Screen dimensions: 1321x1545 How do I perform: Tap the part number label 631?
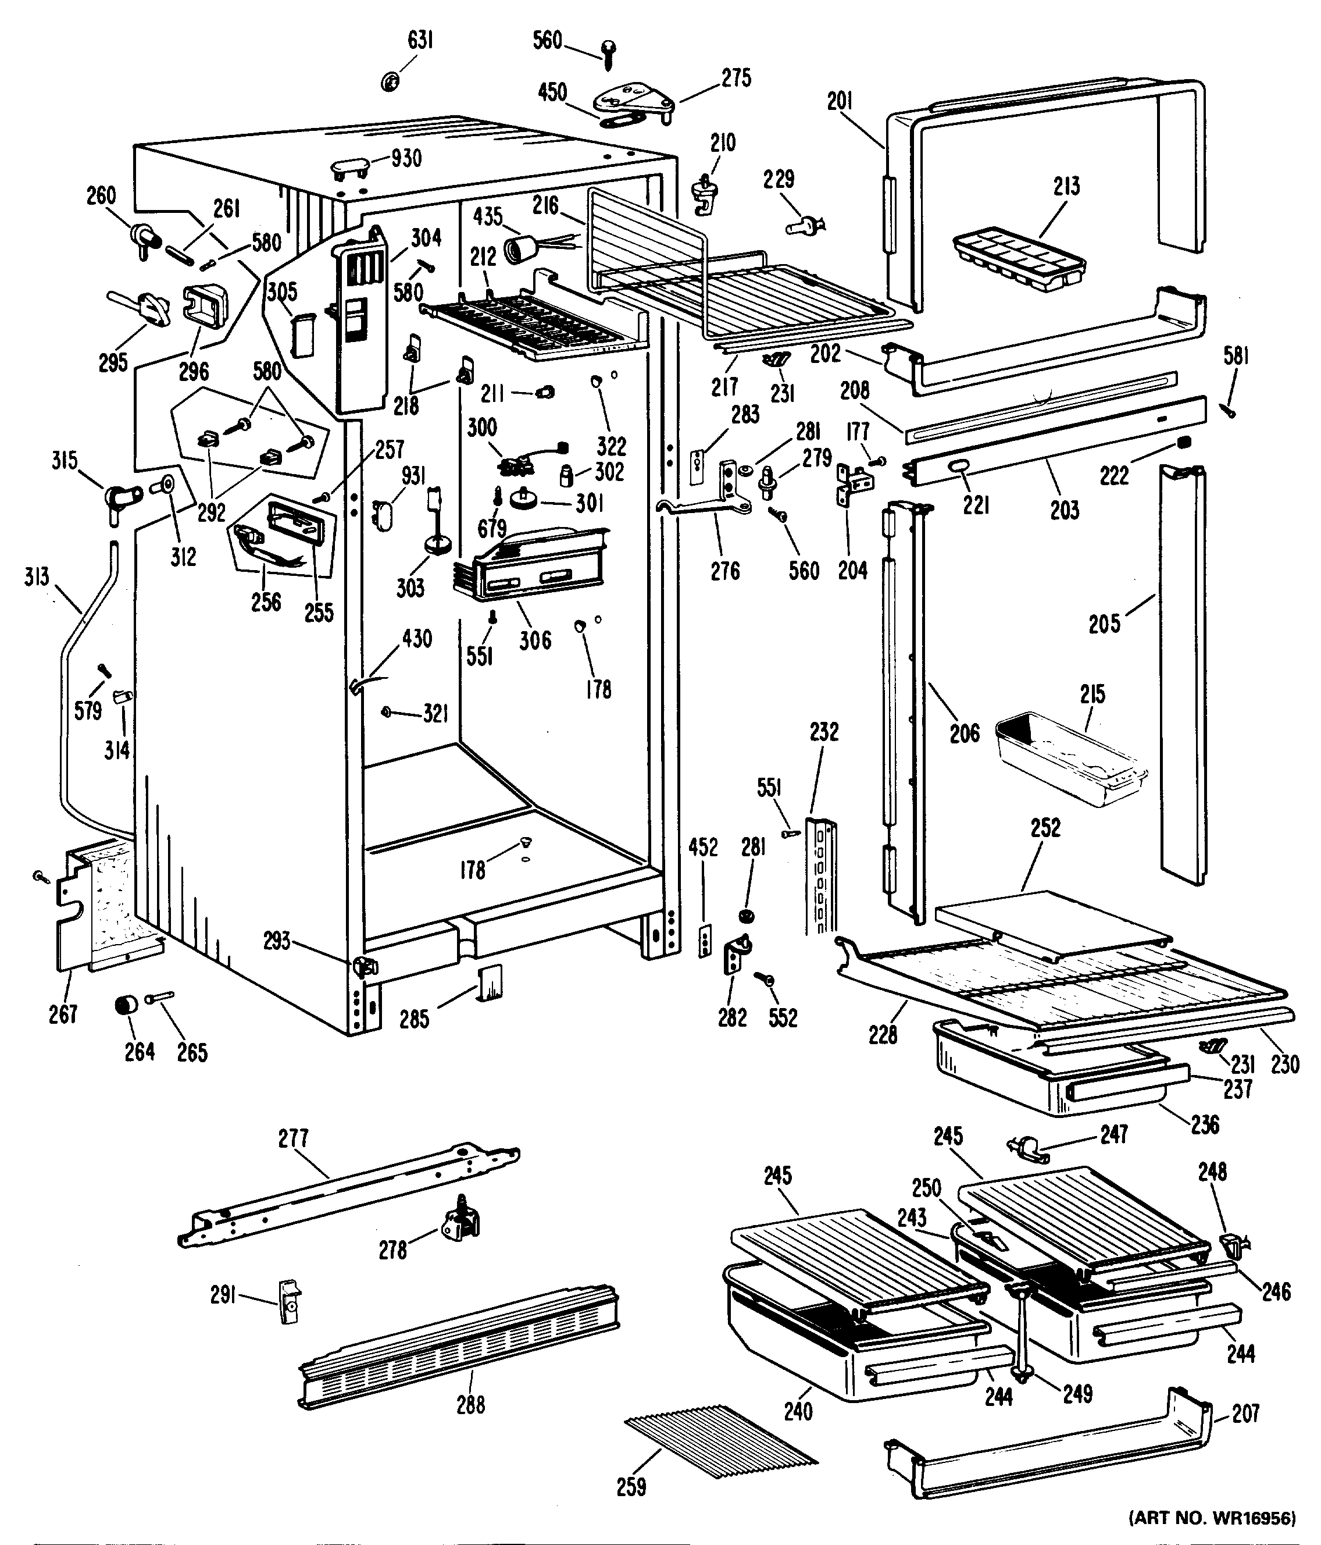click(420, 40)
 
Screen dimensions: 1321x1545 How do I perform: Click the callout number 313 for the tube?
click(36, 576)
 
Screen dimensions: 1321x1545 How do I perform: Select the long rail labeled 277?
click(348, 1193)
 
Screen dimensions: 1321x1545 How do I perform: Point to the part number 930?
click(406, 158)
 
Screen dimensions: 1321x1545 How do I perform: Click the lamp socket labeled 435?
click(522, 249)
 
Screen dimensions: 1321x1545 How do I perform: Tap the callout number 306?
click(534, 639)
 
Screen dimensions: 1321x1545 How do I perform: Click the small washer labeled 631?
click(389, 81)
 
